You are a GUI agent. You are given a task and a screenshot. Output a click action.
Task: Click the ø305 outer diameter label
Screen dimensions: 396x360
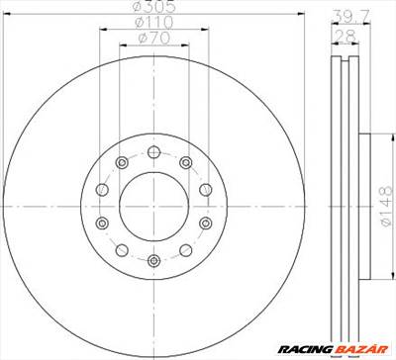tap(154, 5)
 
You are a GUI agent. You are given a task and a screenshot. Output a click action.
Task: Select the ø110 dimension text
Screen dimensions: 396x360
tap(154, 23)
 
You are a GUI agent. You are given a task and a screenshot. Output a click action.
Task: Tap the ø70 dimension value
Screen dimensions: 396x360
tap(154, 39)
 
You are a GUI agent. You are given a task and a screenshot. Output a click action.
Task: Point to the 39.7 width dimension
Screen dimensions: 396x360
tap(350, 16)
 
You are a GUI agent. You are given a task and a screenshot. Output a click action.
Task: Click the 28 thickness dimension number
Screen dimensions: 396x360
tap(346, 37)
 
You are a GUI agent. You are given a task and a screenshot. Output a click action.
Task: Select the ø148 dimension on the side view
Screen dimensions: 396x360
tap(386, 206)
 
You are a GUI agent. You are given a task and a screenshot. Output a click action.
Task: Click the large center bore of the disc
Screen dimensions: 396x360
tap(154, 207)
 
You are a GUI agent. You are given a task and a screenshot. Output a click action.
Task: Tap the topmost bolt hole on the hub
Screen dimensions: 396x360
tap(154, 152)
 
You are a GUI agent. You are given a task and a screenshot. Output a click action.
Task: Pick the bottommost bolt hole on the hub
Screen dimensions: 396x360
tap(154, 261)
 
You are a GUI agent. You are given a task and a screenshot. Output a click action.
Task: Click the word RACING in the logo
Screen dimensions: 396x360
tap(305, 349)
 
